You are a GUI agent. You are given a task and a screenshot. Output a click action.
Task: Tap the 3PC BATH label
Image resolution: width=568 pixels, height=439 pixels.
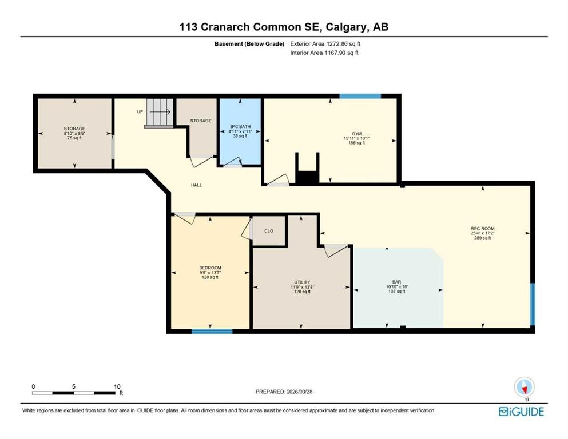pyautogui.click(x=240, y=127)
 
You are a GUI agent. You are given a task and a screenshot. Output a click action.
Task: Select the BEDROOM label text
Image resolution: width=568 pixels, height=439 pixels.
pyautogui.click(x=210, y=268)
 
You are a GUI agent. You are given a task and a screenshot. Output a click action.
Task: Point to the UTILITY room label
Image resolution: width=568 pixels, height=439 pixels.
pyautogui.click(x=302, y=282)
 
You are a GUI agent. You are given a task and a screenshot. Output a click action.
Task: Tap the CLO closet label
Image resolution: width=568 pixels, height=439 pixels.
pyautogui.click(x=269, y=231)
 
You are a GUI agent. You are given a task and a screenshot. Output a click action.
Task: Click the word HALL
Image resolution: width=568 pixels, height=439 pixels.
pyautogui.click(x=196, y=185)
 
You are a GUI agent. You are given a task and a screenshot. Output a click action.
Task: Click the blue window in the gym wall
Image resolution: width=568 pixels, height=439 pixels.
pyautogui.click(x=360, y=96)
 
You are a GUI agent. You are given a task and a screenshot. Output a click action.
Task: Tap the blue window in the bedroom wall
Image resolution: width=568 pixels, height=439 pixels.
pyautogui.click(x=212, y=331)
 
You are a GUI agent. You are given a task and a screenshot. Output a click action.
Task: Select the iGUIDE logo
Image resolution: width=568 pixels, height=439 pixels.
pyautogui.click(x=521, y=412)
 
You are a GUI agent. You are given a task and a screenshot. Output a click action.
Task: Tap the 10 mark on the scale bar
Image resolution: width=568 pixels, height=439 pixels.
pyautogui.click(x=117, y=387)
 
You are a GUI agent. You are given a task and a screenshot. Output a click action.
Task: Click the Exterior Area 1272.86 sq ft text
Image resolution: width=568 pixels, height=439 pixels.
pyautogui.click(x=325, y=43)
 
